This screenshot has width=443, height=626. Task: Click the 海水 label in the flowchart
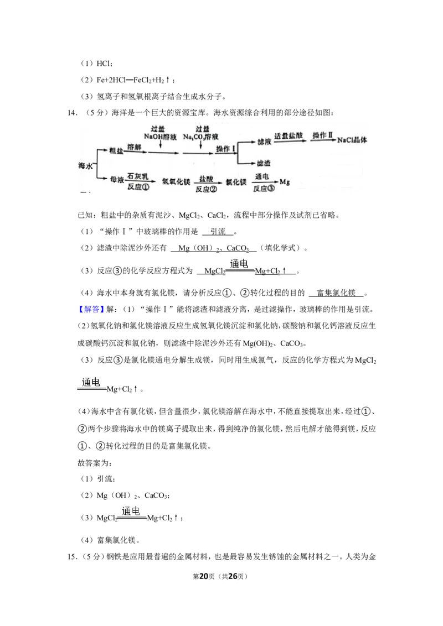[x=85, y=165]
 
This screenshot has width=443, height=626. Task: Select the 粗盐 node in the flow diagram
[x=116, y=150]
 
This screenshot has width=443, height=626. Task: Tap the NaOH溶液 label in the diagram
[x=161, y=137]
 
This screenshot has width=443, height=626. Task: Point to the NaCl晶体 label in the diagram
[x=352, y=140]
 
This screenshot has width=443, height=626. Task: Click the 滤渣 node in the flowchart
[x=264, y=163]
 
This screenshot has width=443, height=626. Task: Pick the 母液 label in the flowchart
[x=117, y=180]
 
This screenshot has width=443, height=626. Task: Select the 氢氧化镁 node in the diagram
[x=176, y=181]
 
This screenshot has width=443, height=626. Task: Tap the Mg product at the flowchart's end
[x=285, y=182]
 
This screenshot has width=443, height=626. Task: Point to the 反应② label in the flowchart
[x=207, y=189]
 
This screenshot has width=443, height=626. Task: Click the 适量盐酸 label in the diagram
[x=289, y=135]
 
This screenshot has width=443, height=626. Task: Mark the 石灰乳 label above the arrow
[x=137, y=176]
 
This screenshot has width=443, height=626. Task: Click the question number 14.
[x=73, y=113]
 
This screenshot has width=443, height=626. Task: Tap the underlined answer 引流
[x=218, y=232]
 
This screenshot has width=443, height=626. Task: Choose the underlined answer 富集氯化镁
[x=336, y=293]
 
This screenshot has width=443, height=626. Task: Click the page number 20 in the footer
[x=204, y=576]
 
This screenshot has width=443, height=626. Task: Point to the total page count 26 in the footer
[x=233, y=576]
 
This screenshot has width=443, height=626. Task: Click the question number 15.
[x=73, y=557]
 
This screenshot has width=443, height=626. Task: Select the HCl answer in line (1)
[x=104, y=64]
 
